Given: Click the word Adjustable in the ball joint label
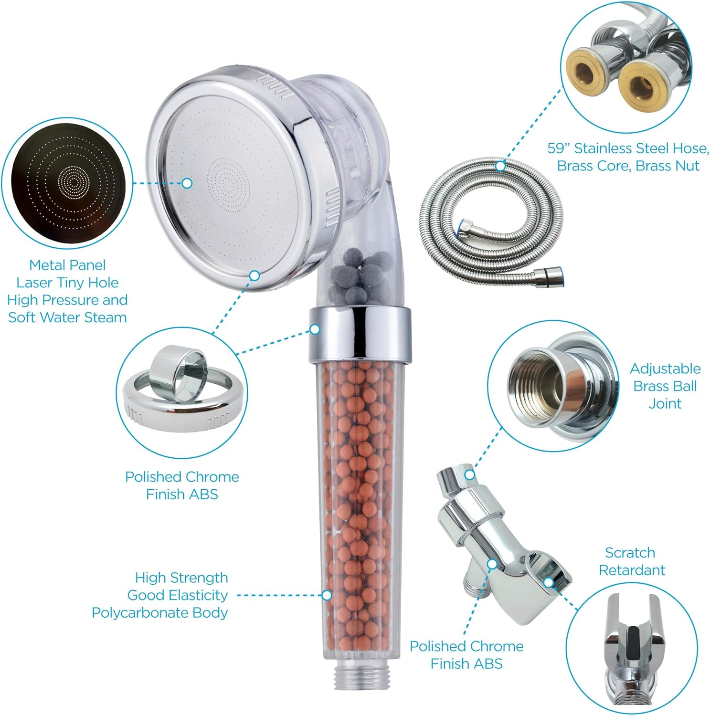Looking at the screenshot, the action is point(665,369).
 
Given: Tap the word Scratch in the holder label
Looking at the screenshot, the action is point(630,553).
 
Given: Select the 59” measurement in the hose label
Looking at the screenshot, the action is point(559,148).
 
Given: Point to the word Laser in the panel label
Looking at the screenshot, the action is point(36,283).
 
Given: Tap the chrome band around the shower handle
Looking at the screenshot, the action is point(360,333).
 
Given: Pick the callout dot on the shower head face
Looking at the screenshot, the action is point(187,183).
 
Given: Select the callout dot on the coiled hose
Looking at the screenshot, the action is point(500,167).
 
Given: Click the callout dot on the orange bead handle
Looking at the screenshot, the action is point(327,595).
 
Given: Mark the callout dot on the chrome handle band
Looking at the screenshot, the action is point(315,329).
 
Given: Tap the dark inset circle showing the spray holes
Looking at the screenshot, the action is point(67,183).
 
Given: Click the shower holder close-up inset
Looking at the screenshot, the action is point(631,649).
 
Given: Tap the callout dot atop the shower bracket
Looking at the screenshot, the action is point(470,475).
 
